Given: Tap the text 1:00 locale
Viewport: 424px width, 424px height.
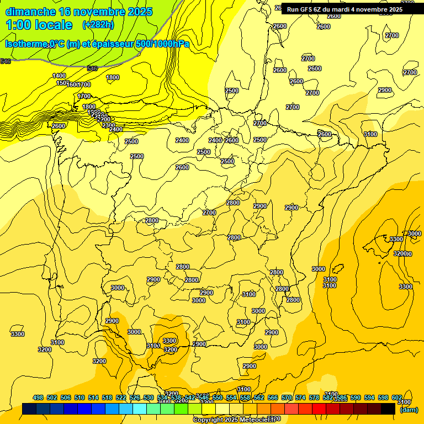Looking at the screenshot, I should (39, 25).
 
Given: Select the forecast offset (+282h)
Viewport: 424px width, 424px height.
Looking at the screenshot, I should (98, 25).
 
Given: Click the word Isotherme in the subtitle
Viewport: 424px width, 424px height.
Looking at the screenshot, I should (26, 44).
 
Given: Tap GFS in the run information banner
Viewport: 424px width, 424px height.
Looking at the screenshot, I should (306, 9).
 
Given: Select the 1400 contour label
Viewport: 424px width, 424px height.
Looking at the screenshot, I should (59, 76).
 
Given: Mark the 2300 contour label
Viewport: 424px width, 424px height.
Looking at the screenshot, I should (109, 125).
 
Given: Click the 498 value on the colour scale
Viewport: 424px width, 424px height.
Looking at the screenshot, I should (38, 397).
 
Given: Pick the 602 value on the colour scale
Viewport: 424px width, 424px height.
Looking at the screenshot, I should (396, 397).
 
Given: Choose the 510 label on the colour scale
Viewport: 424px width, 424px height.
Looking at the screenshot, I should (79, 397).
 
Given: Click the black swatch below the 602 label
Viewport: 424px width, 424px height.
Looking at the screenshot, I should (388, 409).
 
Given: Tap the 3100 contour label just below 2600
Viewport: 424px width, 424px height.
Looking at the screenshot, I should (370, 134).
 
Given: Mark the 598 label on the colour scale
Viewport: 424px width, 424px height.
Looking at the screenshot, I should (383, 397).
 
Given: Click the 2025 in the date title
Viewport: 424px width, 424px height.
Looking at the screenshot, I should (141, 12).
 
